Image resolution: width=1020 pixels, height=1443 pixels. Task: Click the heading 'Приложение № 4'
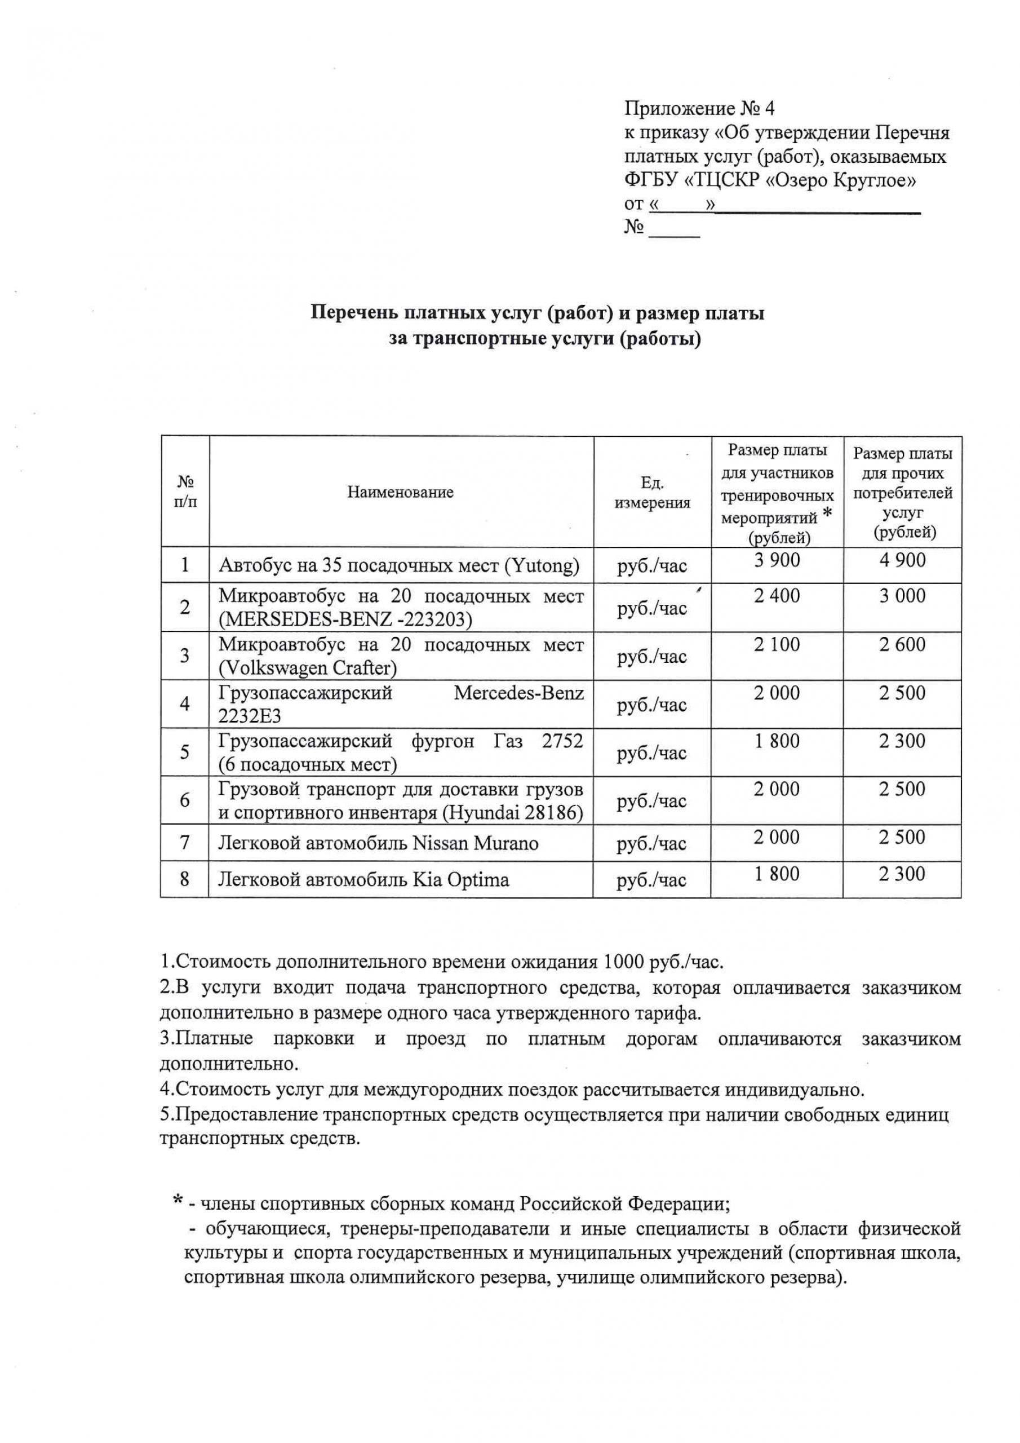coord(699,109)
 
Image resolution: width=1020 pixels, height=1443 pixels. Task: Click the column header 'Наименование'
coord(400,492)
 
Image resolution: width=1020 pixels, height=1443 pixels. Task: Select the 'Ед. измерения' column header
coord(653,492)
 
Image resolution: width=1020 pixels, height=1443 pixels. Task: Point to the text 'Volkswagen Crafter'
coord(307,668)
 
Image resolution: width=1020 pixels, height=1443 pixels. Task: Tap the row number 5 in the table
coord(185,753)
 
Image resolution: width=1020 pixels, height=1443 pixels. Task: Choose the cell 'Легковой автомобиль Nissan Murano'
coord(378,843)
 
